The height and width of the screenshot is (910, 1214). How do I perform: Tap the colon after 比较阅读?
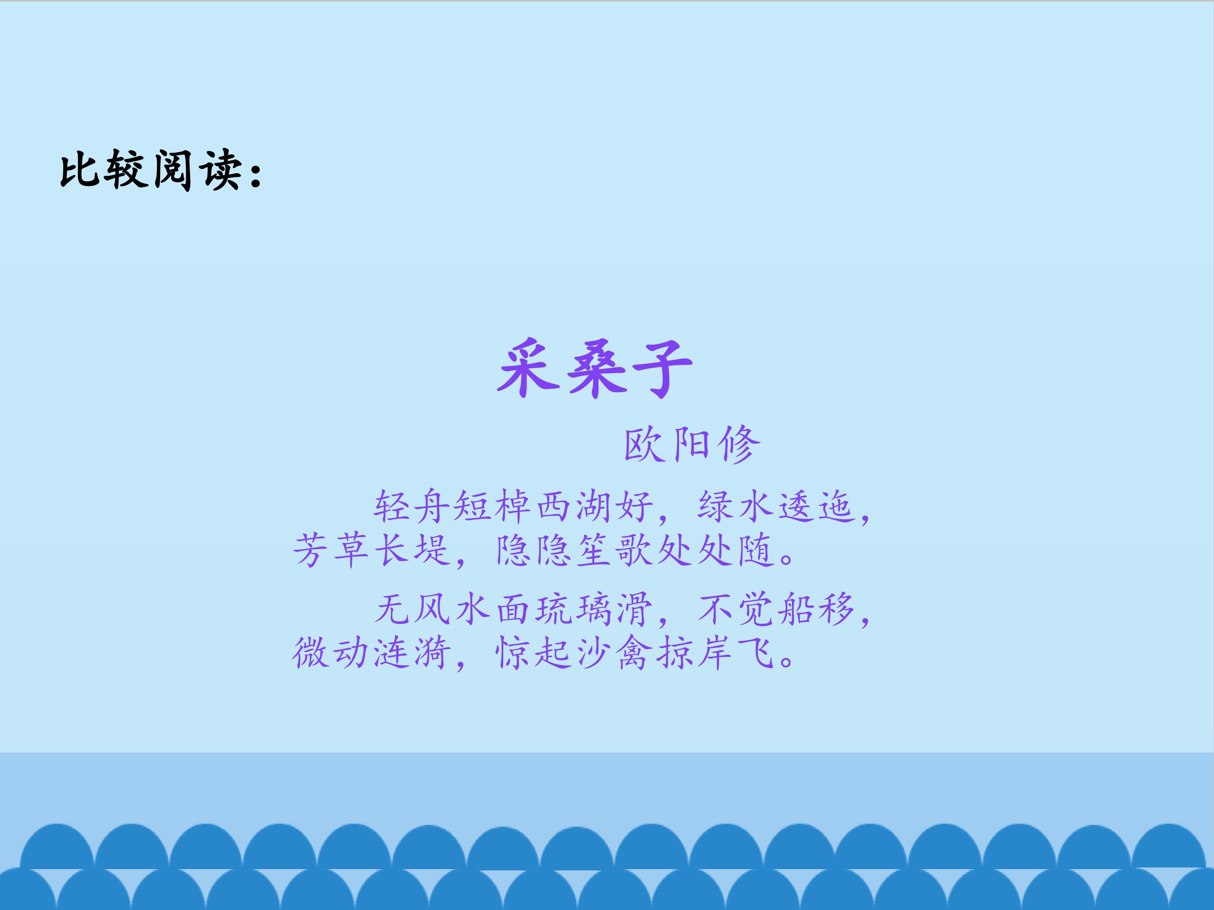[255, 173]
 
